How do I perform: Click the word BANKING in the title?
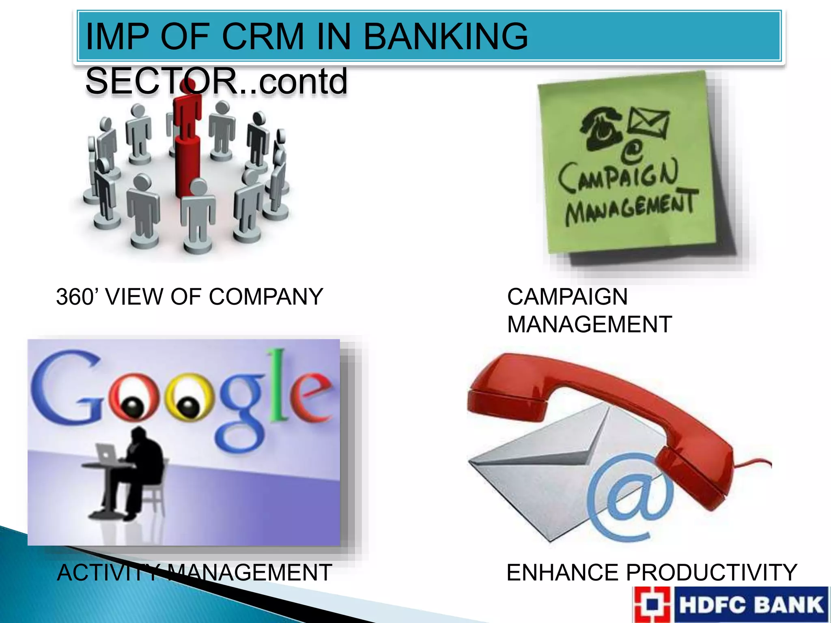coord(446,37)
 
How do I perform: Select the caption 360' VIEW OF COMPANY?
coord(189,296)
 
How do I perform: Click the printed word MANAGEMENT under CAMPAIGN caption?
coord(589,324)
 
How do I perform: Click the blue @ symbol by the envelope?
coord(629,499)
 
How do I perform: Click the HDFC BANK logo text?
coord(751,604)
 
